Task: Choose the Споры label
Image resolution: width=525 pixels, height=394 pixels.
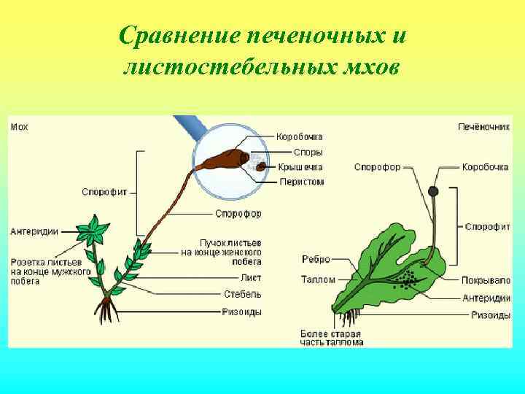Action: point(308,152)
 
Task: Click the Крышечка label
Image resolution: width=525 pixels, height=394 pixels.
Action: point(300,167)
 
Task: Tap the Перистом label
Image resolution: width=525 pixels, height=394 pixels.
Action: point(301,181)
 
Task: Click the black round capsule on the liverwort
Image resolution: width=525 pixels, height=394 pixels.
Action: point(433,192)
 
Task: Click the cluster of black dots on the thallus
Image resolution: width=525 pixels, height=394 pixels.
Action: point(405,279)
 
